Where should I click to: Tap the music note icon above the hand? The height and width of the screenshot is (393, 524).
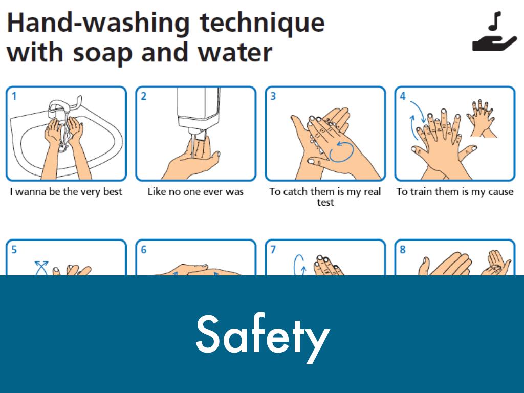pos(495,21)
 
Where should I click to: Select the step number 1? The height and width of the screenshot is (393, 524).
pos(14,96)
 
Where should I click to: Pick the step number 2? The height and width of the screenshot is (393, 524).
pos(144,96)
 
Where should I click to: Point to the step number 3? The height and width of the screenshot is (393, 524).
pos(273,96)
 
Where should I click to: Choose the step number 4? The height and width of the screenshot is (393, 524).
pos(403,96)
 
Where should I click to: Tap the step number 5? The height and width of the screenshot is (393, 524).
pos(14,249)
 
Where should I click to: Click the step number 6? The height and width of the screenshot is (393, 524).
pos(144,249)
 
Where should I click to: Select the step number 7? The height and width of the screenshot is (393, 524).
pos(273,249)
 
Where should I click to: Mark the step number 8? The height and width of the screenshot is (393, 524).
pos(403,249)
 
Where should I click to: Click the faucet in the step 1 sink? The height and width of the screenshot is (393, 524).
pos(63,107)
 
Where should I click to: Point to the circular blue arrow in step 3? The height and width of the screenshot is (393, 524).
pos(341,152)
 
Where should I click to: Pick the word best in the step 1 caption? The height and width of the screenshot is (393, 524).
pos(113,191)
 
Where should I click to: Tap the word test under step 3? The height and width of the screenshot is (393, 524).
pos(325,202)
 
